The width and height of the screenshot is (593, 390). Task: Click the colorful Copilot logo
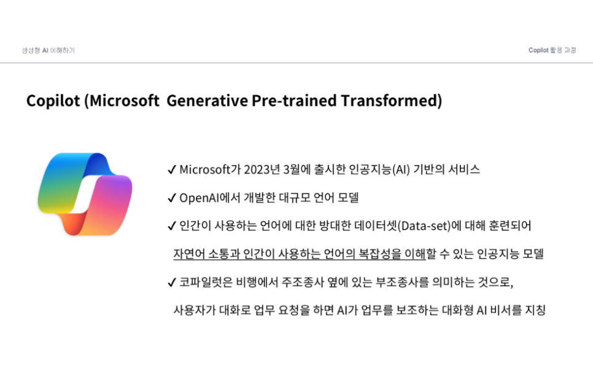(x=85, y=194)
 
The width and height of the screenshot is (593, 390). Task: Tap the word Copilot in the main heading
(x=53, y=101)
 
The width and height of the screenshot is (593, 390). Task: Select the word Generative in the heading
(x=207, y=101)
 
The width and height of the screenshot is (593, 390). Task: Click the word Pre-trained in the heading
(x=294, y=101)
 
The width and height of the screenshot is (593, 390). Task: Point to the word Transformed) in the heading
(x=392, y=101)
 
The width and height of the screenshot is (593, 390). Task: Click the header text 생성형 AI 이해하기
(x=48, y=50)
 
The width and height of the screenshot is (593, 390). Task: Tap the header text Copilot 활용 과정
(x=552, y=50)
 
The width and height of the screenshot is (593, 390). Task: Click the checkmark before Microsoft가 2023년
(x=172, y=170)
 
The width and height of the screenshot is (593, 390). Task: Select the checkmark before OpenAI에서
(x=172, y=198)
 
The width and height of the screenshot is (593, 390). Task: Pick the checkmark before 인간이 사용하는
(x=172, y=226)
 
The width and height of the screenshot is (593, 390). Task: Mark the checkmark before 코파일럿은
(x=172, y=282)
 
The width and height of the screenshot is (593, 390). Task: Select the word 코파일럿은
(x=206, y=282)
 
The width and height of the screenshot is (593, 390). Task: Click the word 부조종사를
(x=403, y=282)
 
